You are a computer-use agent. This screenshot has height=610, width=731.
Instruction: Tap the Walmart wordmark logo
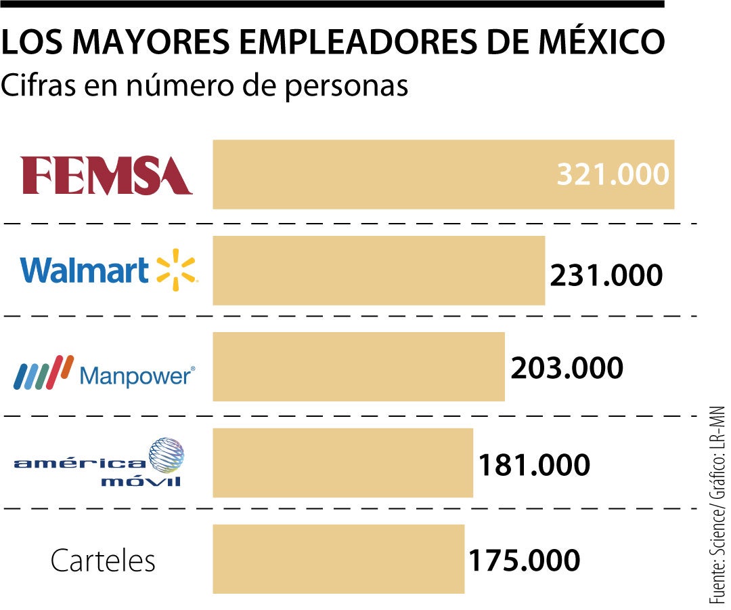pyautogui.click(x=85, y=270)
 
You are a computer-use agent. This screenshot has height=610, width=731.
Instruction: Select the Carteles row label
pyautogui.click(x=103, y=561)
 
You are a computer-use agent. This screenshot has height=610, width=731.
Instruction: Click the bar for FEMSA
pyautogui.click(x=379, y=174)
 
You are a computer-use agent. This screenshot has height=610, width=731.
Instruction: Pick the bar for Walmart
pyautogui.click(x=378, y=270)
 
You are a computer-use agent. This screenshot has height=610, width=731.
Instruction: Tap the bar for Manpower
pyautogui.click(x=358, y=367)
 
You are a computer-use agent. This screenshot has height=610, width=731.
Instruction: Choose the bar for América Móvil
pyautogui.click(x=342, y=462)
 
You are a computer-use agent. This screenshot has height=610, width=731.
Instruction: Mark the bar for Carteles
pyautogui.click(x=338, y=559)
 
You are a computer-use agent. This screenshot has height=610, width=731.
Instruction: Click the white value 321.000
pyautogui.click(x=613, y=175)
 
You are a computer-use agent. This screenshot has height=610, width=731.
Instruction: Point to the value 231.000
pyautogui.click(x=606, y=276)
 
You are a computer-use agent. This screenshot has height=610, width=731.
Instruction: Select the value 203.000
pyautogui.click(x=567, y=369)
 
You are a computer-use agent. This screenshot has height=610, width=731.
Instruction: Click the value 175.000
pyautogui.click(x=524, y=561)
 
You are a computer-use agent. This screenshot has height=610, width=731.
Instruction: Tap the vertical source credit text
pyautogui.click(x=717, y=505)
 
